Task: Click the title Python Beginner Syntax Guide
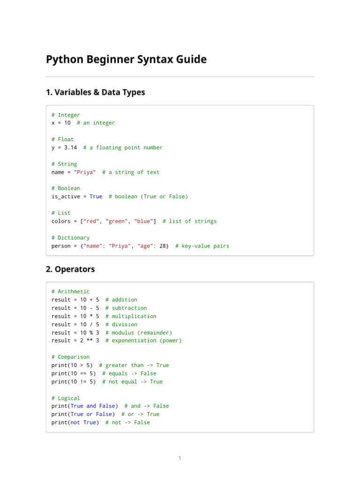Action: pyautogui.click(x=126, y=60)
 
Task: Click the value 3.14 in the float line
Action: pyautogui.click(x=70, y=148)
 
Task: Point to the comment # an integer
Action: pyautogui.click(x=96, y=123)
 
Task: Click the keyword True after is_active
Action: pyautogui.click(x=96, y=196)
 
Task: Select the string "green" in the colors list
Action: pyautogui.click(x=116, y=221)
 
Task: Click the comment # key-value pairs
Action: pyautogui.click(x=202, y=246)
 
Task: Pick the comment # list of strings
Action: pyautogui.click(x=189, y=221)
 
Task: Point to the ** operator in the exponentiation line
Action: pyautogui.click(x=90, y=341)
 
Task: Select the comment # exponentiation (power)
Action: pyautogui.click(x=143, y=341)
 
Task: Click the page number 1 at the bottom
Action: pyautogui.click(x=180, y=458)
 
